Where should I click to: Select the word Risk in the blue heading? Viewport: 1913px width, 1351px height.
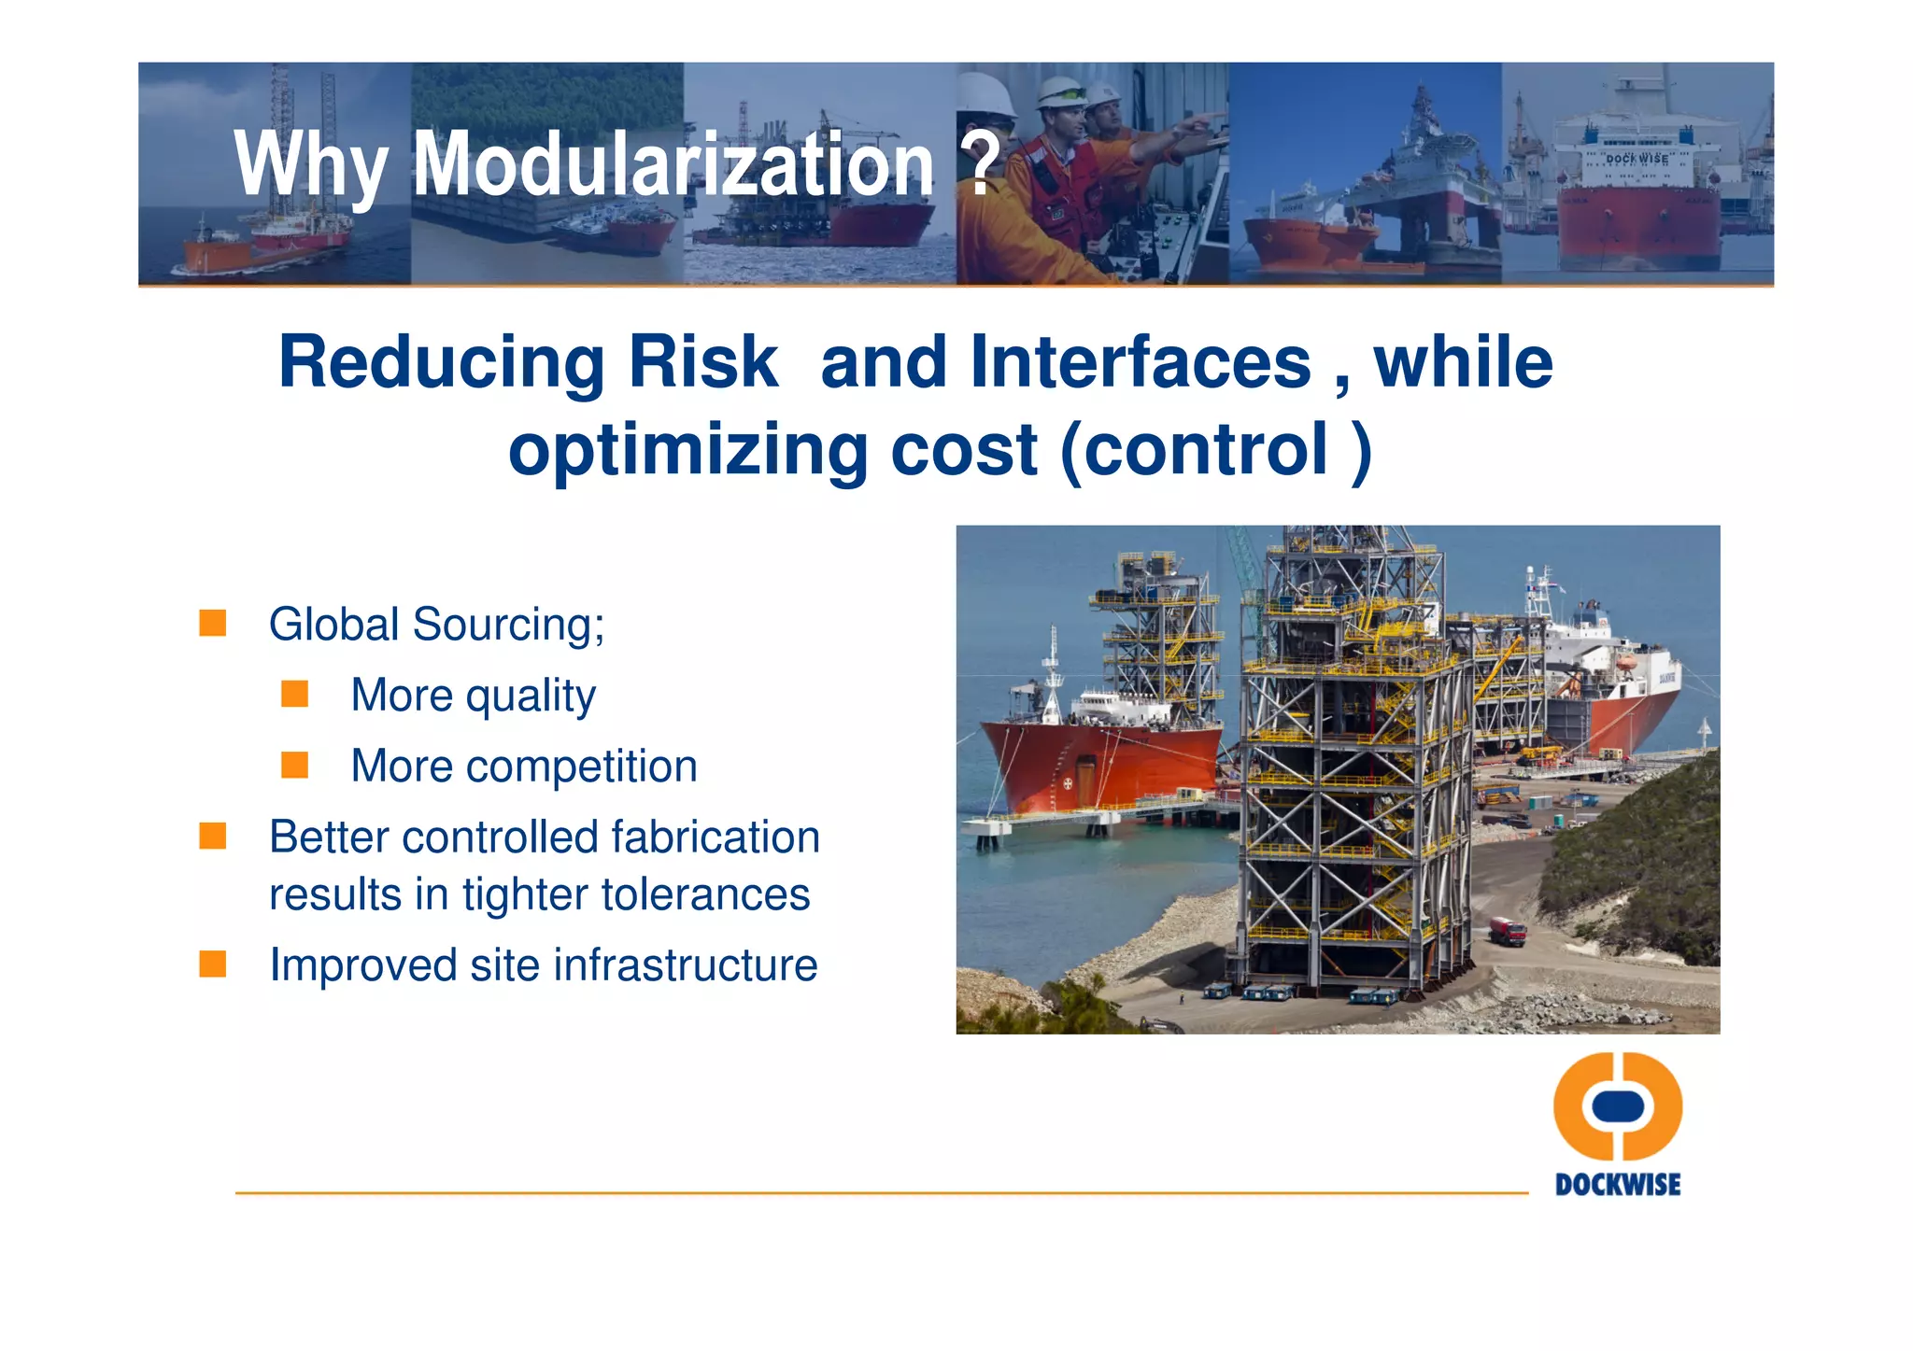pyautogui.click(x=702, y=362)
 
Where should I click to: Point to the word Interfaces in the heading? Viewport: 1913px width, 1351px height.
pyautogui.click(x=1141, y=362)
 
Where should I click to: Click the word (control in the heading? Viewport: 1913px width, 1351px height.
pyautogui.click(x=1195, y=450)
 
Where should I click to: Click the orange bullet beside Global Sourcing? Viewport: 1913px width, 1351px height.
pyautogui.click(x=213, y=623)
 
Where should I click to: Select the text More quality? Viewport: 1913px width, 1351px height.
pyautogui.click(x=473, y=696)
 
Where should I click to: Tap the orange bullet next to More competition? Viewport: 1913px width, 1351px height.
pyautogui.click(x=295, y=766)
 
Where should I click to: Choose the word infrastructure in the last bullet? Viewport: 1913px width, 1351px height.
pyautogui.click(x=687, y=965)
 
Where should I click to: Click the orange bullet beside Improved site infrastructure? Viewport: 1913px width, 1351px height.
pyautogui.click(x=213, y=964)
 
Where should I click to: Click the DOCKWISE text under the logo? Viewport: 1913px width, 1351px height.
pyautogui.click(x=1618, y=1185)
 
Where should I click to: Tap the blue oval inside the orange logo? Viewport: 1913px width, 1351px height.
pyautogui.click(x=1618, y=1106)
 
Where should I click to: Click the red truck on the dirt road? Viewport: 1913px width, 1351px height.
pyautogui.click(x=1507, y=931)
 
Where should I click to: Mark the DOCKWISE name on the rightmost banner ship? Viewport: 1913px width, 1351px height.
pyautogui.click(x=1637, y=159)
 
